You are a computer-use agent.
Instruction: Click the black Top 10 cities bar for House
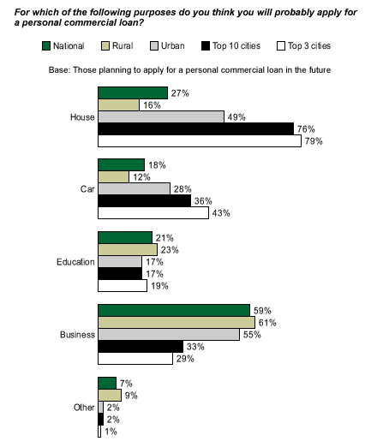tap(196, 128)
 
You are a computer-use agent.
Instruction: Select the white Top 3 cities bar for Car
tap(153, 213)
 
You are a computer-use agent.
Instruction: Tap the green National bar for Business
tap(174, 310)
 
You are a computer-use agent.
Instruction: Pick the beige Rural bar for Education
tap(128, 250)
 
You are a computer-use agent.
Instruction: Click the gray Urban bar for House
tap(161, 116)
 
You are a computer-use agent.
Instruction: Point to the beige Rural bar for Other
tap(110, 396)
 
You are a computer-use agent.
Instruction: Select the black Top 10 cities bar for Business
tap(141, 347)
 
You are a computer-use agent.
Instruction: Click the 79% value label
tap(314, 141)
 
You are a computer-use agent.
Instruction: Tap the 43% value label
tap(221, 213)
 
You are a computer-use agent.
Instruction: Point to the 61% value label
tap(267, 323)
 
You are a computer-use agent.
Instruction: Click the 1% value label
tap(111, 432)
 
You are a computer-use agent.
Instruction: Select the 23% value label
tap(170, 250)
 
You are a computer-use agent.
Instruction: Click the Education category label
tap(75, 262)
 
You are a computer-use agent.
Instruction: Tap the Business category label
tap(77, 335)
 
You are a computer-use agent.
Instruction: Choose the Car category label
tap(87, 189)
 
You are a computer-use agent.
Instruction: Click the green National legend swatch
tap(46, 46)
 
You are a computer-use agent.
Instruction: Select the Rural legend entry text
tap(123, 45)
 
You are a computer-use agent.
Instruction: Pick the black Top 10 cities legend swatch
tap(206, 46)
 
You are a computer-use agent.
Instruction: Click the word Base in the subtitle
tap(59, 70)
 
